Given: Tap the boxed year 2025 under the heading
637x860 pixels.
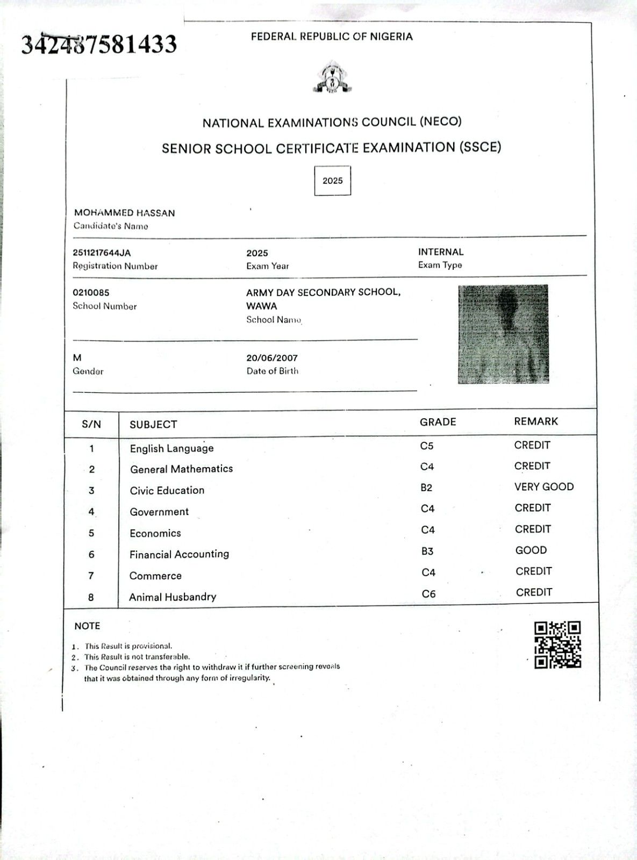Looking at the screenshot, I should tap(332, 181).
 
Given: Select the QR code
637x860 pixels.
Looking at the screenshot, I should tap(557, 644).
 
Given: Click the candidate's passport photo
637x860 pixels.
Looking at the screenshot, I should tap(503, 334).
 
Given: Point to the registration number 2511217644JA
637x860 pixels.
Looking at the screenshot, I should tap(102, 253).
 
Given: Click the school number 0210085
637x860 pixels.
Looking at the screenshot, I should tap(91, 293).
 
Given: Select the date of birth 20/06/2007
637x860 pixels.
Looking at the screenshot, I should tap(272, 358).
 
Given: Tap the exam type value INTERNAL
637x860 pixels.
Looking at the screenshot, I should tap(440, 252).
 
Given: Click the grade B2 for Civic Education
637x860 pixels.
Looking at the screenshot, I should tap(426, 488).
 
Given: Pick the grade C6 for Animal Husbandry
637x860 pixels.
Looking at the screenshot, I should tap(428, 594).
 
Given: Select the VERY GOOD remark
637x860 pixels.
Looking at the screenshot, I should tap(544, 487).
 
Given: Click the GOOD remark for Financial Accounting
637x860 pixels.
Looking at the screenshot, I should tap(531, 550).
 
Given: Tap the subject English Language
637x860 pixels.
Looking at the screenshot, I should tap(171, 448).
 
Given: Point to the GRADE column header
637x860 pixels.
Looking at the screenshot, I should tap(438, 422).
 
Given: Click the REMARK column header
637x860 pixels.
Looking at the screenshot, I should tap(536, 421).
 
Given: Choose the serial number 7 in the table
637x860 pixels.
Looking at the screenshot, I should tap(91, 576).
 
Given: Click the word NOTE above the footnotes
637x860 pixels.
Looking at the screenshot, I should tap(87, 626).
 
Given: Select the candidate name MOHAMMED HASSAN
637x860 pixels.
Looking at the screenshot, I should tap(125, 213).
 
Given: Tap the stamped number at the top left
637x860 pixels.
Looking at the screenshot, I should tap(99, 45).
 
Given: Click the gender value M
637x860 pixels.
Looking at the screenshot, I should tap(77, 358).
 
